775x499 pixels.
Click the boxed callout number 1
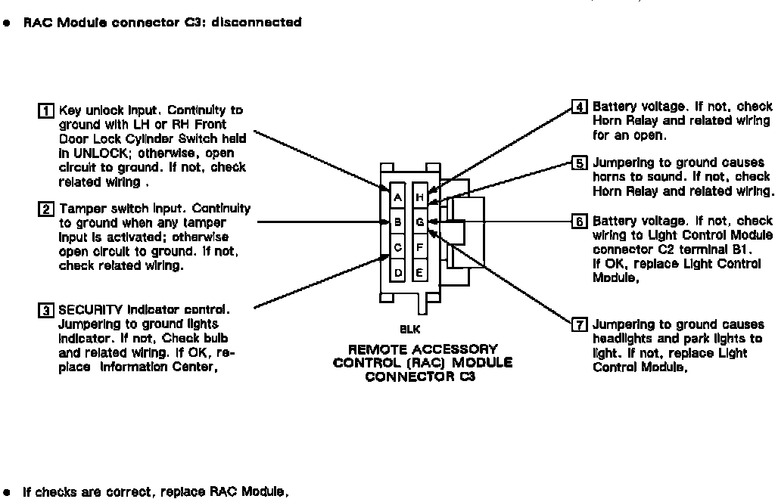[x=45, y=111]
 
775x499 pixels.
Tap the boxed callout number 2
[x=45, y=209]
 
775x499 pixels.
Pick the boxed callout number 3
[x=45, y=310]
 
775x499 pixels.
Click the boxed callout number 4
[x=579, y=107]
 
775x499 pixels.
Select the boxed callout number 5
[x=579, y=163]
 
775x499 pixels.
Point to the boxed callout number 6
[x=579, y=222]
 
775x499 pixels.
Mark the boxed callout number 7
[x=579, y=325]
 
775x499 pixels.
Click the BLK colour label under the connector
[x=409, y=330]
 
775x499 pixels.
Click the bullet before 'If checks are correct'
[x=8, y=493]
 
